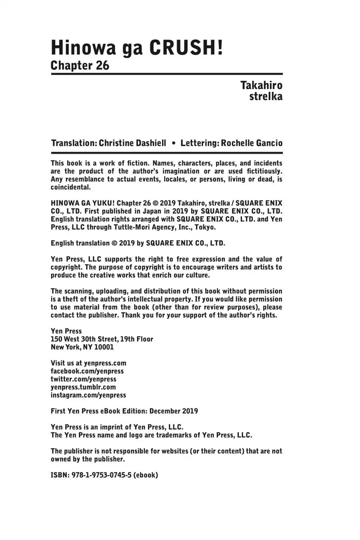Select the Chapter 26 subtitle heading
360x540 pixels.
tap(80, 65)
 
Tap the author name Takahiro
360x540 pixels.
tap(261, 85)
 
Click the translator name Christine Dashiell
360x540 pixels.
tap(132, 143)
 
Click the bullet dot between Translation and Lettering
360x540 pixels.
tap(173, 143)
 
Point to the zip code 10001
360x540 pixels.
tap(104, 347)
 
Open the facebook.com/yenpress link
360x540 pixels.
tap(87, 371)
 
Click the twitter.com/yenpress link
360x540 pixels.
tap(83, 379)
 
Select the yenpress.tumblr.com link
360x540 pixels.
tap(83, 387)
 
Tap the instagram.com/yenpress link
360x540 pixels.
tap(88, 395)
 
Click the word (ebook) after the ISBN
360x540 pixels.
tap(146, 475)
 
